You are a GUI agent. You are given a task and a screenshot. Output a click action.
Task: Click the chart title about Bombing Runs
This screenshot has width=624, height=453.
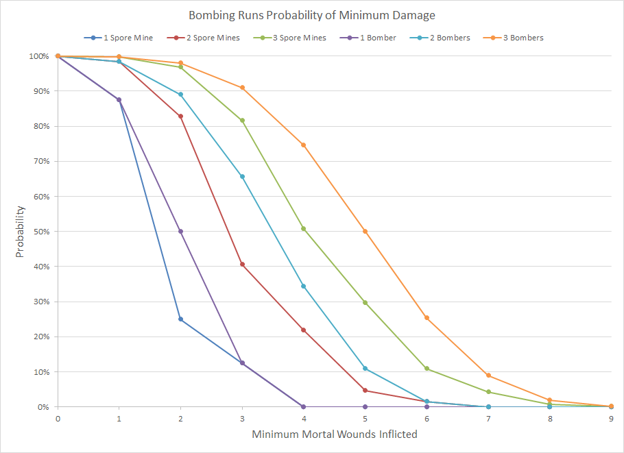(311, 15)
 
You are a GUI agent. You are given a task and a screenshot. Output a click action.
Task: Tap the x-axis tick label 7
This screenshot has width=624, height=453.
(488, 417)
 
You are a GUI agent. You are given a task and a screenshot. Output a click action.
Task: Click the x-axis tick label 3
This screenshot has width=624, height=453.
(242, 417)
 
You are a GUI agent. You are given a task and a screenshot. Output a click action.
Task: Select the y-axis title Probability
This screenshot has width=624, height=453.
(20, 232)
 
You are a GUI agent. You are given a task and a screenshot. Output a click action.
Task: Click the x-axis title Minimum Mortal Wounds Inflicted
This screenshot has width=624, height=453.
(334, 434)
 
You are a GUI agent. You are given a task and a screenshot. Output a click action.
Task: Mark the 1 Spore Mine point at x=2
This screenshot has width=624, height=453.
(181, 319)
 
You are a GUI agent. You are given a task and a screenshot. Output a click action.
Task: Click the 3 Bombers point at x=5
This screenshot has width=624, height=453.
(365, 232)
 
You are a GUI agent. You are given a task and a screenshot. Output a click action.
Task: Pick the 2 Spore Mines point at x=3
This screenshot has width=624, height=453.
(242, 265)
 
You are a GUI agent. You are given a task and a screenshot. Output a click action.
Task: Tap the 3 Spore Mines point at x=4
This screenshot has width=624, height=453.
(304, 229)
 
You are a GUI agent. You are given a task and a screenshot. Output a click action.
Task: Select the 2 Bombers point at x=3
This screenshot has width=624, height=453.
(242, 177)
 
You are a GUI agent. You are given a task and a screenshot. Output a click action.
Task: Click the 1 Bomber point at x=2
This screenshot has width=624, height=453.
(181, 232)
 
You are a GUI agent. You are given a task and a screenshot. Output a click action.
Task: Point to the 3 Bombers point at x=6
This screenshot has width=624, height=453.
(427, 318)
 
